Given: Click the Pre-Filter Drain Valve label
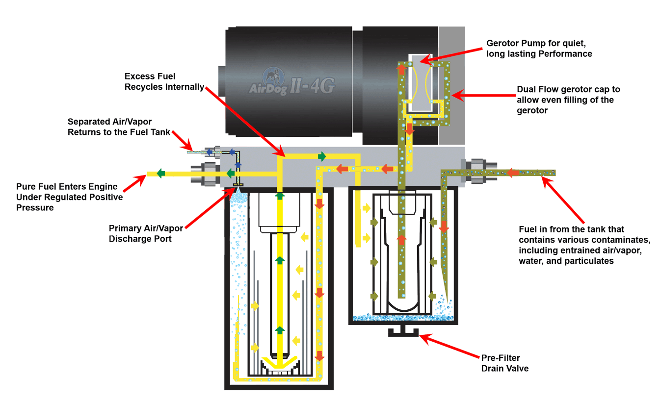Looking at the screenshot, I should coord(504,363).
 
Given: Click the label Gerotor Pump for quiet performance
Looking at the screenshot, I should coord(539,48).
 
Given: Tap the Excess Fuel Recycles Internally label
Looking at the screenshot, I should coord(164,81).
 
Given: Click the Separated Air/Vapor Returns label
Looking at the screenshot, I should coord(120,126).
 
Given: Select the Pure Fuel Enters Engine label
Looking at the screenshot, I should coord(67,197).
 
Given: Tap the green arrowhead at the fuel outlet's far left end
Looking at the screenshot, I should coord(160,174).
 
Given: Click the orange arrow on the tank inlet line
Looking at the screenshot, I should coord(513,173).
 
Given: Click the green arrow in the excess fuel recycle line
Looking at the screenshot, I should coord(322,156).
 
